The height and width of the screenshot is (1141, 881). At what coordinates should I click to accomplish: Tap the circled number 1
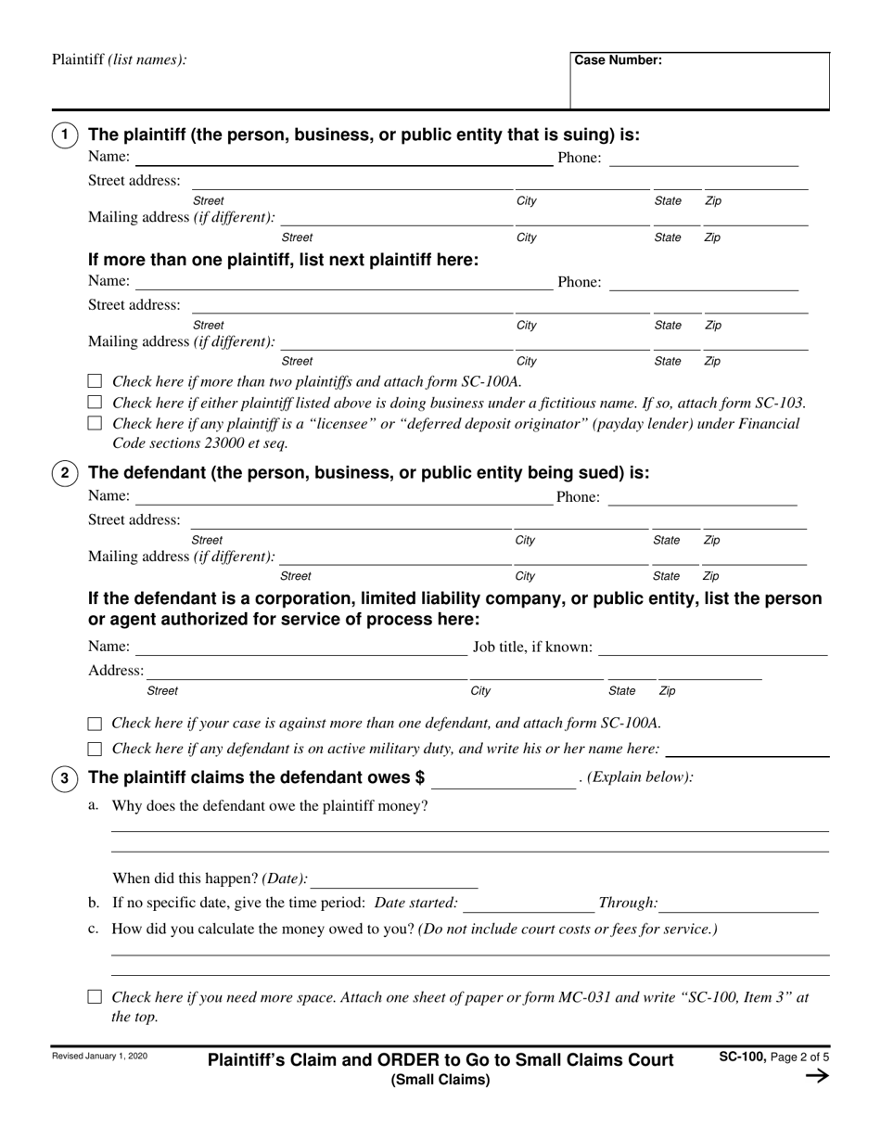[64, 136]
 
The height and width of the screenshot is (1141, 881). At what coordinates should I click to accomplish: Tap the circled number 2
[64, 474]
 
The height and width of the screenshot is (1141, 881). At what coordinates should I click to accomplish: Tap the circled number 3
[64, 779]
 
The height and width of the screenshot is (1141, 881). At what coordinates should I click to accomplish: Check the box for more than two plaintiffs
[95, 381]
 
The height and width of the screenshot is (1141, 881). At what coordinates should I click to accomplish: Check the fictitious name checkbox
[95, 403]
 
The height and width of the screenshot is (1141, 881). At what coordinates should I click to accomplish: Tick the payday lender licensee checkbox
[95, 423]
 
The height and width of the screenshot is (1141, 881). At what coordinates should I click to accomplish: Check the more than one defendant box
[95, 724]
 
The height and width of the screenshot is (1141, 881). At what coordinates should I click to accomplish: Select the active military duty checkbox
[95, 749]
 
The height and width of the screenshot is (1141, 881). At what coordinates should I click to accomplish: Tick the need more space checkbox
[95, 997]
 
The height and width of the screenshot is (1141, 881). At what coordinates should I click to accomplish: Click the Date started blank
[529, 904]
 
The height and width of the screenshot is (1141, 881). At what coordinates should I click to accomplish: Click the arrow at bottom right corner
[816, 1076]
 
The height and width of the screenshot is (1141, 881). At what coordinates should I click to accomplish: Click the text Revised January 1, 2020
[99, 1057]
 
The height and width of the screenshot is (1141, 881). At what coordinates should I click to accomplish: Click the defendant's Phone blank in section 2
[702, 498]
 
